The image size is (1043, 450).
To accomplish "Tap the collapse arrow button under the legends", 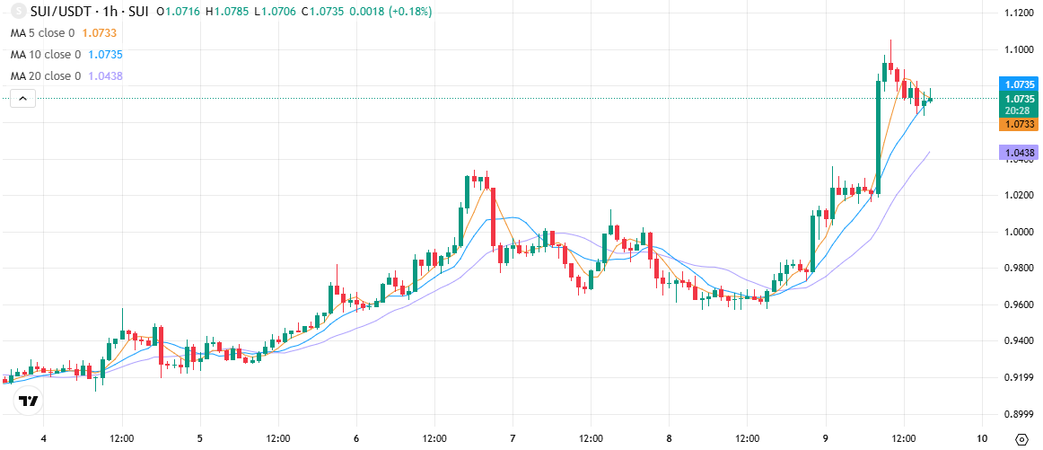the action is [22, 99].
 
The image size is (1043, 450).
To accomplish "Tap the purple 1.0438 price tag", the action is [1019, 153].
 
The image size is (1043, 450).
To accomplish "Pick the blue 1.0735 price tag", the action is [1019, 84].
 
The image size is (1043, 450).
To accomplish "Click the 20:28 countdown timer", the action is [1019, 110].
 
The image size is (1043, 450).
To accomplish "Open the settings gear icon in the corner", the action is [1021, 439].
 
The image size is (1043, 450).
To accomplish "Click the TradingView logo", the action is [29, 401].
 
